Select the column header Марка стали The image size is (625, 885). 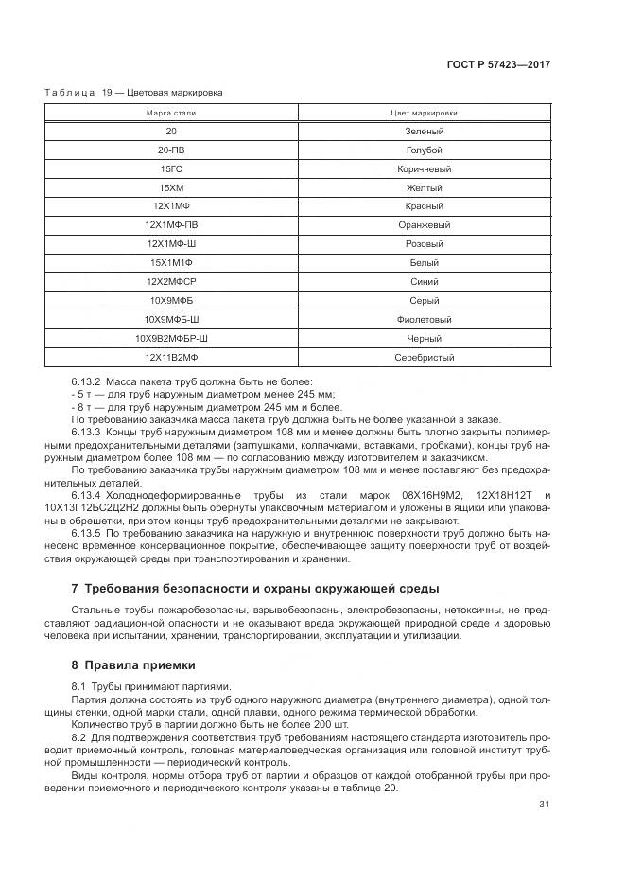click(170, 113)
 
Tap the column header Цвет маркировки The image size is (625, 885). click(424, 113)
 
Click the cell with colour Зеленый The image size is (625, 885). click(424, 132)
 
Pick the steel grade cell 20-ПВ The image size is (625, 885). click(170, 150)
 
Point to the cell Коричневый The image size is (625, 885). click(424, 169)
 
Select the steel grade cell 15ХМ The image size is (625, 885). click(170, 188)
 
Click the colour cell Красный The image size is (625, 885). click(424, 206)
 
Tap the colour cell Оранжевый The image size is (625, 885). click(424, 225)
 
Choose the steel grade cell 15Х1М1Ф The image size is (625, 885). click(170, 263)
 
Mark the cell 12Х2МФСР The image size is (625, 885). click(170, 282)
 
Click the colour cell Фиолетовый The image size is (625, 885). click(424, 320)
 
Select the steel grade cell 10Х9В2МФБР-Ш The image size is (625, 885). click(170, 339)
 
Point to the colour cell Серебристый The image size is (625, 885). click(424, 358)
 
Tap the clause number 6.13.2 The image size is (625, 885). click(87, 381)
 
